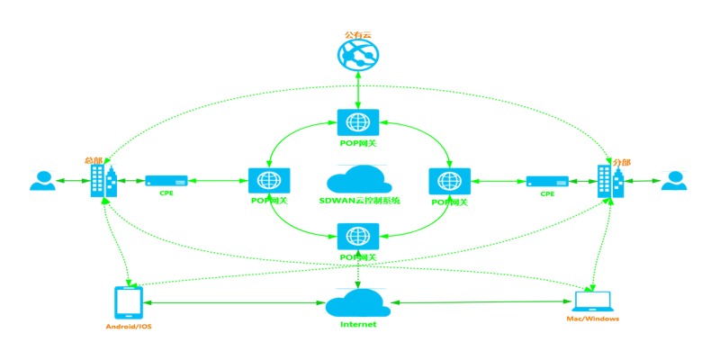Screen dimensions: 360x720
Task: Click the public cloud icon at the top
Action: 358,56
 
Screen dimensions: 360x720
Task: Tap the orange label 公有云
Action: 357,35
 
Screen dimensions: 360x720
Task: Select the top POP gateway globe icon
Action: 358,123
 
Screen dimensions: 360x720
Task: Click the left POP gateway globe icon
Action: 269,181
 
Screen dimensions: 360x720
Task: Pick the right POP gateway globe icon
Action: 450,181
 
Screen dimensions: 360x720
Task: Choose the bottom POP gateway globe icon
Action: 358,237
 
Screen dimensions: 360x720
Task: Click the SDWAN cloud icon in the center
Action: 358,177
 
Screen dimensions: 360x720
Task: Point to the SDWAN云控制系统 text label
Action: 359,201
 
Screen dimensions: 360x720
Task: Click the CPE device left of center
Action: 166,181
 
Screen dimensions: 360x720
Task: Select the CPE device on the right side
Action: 547,181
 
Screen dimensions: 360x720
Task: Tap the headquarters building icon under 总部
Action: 103,183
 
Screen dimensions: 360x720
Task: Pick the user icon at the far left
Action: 42,181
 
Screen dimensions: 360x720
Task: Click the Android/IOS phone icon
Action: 128,302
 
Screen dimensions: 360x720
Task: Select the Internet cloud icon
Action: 357,301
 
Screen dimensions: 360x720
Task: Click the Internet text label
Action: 358,324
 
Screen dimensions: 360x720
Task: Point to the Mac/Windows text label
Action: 592,319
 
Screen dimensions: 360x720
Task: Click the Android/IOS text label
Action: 128,326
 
